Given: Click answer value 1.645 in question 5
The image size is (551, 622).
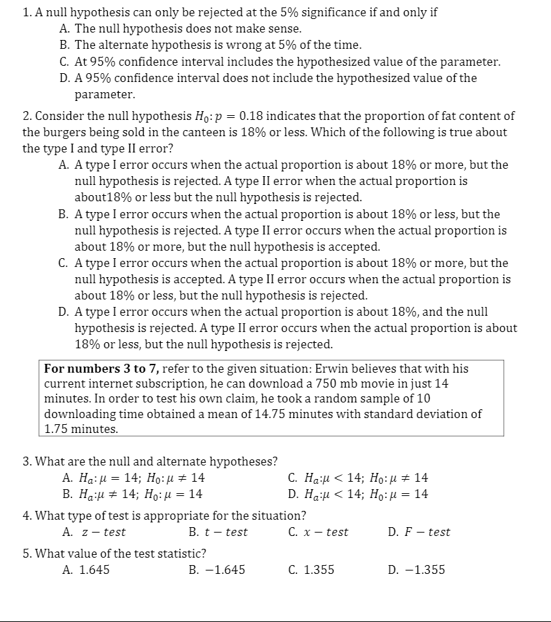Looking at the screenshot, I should (94, 570).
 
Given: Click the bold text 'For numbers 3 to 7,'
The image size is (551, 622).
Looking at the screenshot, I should (101, 369).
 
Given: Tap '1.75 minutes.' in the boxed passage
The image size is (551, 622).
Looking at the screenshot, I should (81, 429).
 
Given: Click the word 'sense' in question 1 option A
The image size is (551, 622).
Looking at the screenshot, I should (284, 29).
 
